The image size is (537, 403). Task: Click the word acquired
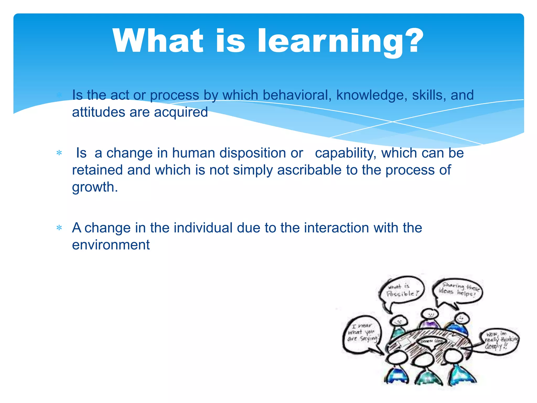[x=181, y=112]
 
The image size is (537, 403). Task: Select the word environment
[x=111, y=245]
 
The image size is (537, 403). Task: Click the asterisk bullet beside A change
[x=59, y=227]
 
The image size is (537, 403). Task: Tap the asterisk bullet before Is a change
[x=59, y=153]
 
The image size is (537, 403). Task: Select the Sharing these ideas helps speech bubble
[x=458, y=291]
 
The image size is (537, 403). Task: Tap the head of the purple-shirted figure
[x=429, y=314]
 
